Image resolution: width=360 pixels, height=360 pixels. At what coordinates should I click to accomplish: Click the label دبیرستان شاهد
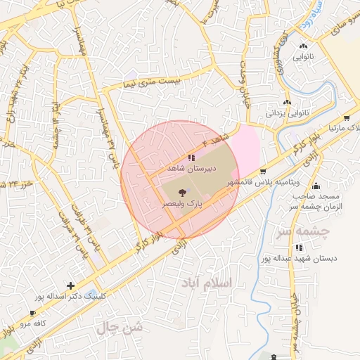[x=191, y=169]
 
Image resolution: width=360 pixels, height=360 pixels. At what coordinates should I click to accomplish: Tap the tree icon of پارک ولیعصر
[x=183, y=192]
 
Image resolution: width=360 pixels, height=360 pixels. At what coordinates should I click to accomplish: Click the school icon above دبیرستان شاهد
[x=191, y=158]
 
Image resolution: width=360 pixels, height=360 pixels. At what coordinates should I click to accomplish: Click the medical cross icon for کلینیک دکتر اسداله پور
[x=70, y=285]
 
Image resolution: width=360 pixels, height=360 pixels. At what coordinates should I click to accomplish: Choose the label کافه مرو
[x=33, y=323]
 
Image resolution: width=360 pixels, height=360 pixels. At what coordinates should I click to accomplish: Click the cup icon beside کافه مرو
[x=33, y=313]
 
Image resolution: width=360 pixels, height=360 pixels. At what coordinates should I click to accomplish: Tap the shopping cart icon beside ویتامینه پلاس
[x=263, y=171]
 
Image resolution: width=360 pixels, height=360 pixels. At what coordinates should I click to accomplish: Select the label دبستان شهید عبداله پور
[x=300, y=258]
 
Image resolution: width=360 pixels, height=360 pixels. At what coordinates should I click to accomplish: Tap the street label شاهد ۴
[x=219, y=136]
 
